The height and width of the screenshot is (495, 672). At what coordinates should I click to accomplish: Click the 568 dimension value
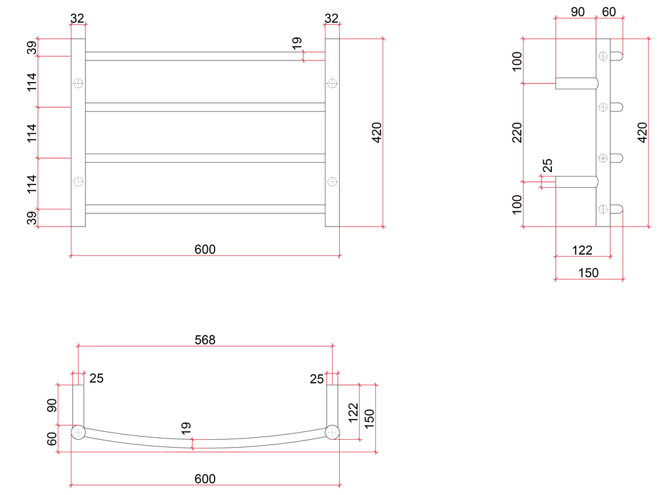[205, 339]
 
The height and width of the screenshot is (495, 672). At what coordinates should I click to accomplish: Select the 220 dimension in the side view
[516, 133]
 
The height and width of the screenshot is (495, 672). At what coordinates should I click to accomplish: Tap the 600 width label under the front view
[205, 249]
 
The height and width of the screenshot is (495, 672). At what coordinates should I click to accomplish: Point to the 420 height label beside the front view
[377, 133]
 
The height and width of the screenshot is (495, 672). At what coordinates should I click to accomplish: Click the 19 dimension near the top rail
[297, 44]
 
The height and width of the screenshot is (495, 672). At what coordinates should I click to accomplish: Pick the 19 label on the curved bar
[186, 428]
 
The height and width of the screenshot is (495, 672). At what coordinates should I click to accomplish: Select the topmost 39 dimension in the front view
[31, 47]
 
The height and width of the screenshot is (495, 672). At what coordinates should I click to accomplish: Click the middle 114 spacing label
[31, 133]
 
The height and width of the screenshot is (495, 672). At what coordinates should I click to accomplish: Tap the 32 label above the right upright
[331, 19]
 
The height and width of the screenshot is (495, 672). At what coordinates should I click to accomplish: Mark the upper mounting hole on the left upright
[78, 83]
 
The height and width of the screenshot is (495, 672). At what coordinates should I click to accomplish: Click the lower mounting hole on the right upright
[332, 181]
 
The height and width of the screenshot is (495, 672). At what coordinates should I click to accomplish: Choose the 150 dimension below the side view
[589, 272]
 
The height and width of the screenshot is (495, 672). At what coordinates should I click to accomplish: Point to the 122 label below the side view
[582, 250]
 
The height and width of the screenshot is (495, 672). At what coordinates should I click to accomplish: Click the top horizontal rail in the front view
[205, 56]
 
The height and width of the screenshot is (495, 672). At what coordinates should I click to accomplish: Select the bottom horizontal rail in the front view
[205, 209]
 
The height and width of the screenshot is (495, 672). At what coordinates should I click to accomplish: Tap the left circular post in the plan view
[78, 433]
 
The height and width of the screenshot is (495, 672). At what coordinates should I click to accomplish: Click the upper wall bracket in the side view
[576, 83]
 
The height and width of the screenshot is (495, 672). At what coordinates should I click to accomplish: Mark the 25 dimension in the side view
[548, 165]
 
